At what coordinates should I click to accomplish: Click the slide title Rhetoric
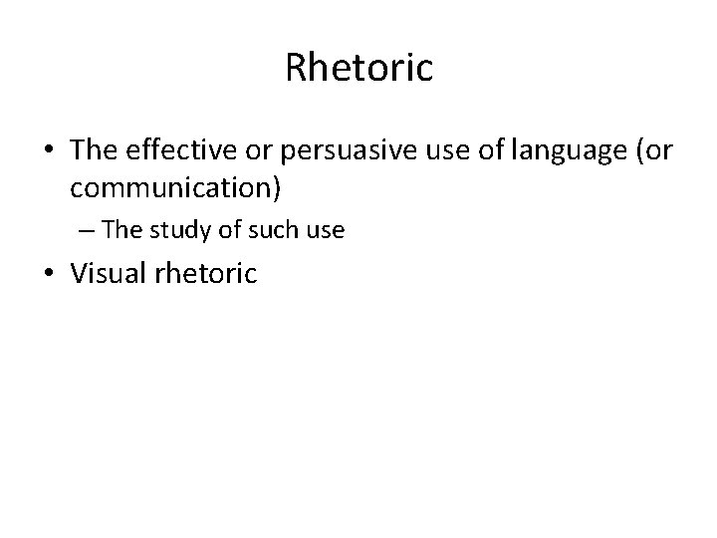coord(358,68)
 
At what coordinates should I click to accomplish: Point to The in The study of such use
coord(122,229)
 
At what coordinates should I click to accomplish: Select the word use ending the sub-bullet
coord(325,230)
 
